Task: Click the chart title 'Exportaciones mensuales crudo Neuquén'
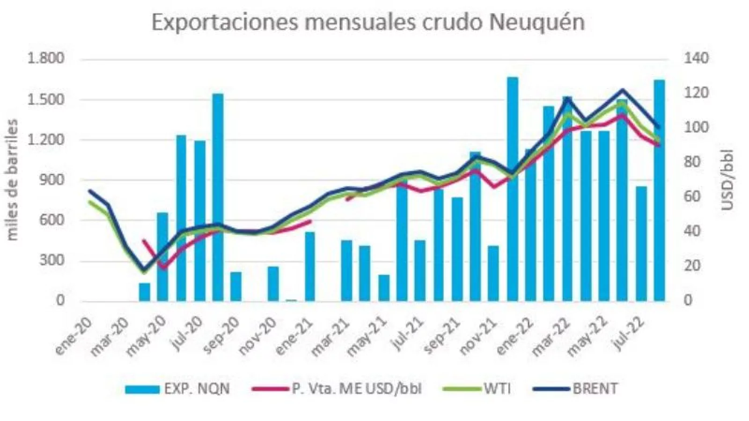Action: (368, 23)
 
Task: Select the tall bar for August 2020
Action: (218, 196)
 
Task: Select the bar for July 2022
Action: (641, 243)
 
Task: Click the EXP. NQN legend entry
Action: (178, 389)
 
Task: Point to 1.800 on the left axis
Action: (45, 59)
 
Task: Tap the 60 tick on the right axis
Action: (694, 197)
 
